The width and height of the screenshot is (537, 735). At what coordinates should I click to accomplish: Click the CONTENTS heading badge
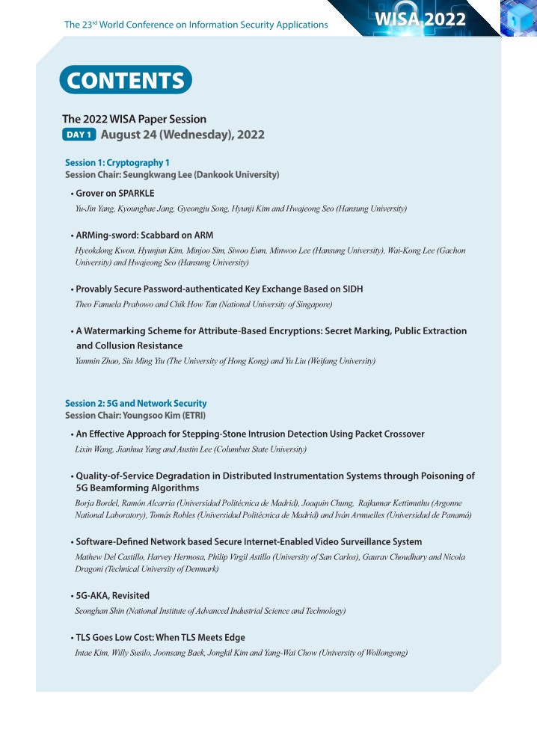126,81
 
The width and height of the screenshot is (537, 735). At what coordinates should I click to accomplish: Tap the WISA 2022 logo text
421,19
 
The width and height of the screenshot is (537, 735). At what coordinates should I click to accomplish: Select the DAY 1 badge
79,135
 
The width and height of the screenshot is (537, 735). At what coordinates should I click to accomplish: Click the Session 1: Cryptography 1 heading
117,162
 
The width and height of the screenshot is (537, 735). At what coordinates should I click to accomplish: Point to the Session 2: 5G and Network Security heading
135,403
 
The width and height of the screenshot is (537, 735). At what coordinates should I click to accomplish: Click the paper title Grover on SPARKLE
114,193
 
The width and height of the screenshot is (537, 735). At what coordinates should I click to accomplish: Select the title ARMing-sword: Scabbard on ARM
144,236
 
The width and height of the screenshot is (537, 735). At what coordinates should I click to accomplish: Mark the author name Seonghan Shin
99,611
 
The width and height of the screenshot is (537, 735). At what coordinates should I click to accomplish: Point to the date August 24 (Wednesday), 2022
182,135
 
